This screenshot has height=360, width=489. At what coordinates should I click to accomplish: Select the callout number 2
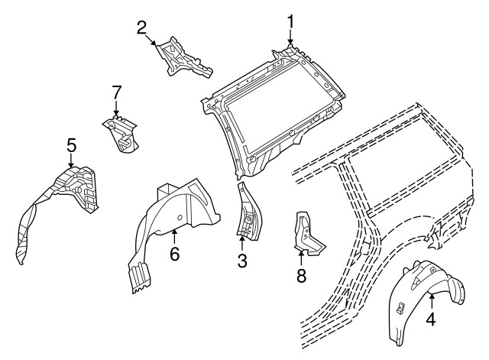[142, 28]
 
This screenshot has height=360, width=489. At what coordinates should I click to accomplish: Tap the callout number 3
[241, 261]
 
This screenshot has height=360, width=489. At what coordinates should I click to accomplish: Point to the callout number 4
[431, 320]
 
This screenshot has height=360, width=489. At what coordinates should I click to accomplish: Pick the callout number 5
[71, 144]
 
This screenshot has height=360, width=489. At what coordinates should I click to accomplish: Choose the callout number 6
[174, 254]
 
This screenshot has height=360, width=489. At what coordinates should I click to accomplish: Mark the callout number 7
[116, 92]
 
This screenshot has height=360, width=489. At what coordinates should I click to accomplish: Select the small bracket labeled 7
[121, 132]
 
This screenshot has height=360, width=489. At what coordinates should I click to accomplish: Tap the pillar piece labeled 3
[249, 210]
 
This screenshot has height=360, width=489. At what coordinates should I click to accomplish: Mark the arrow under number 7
[116, 109]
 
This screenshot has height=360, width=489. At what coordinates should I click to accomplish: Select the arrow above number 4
[431, 302]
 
